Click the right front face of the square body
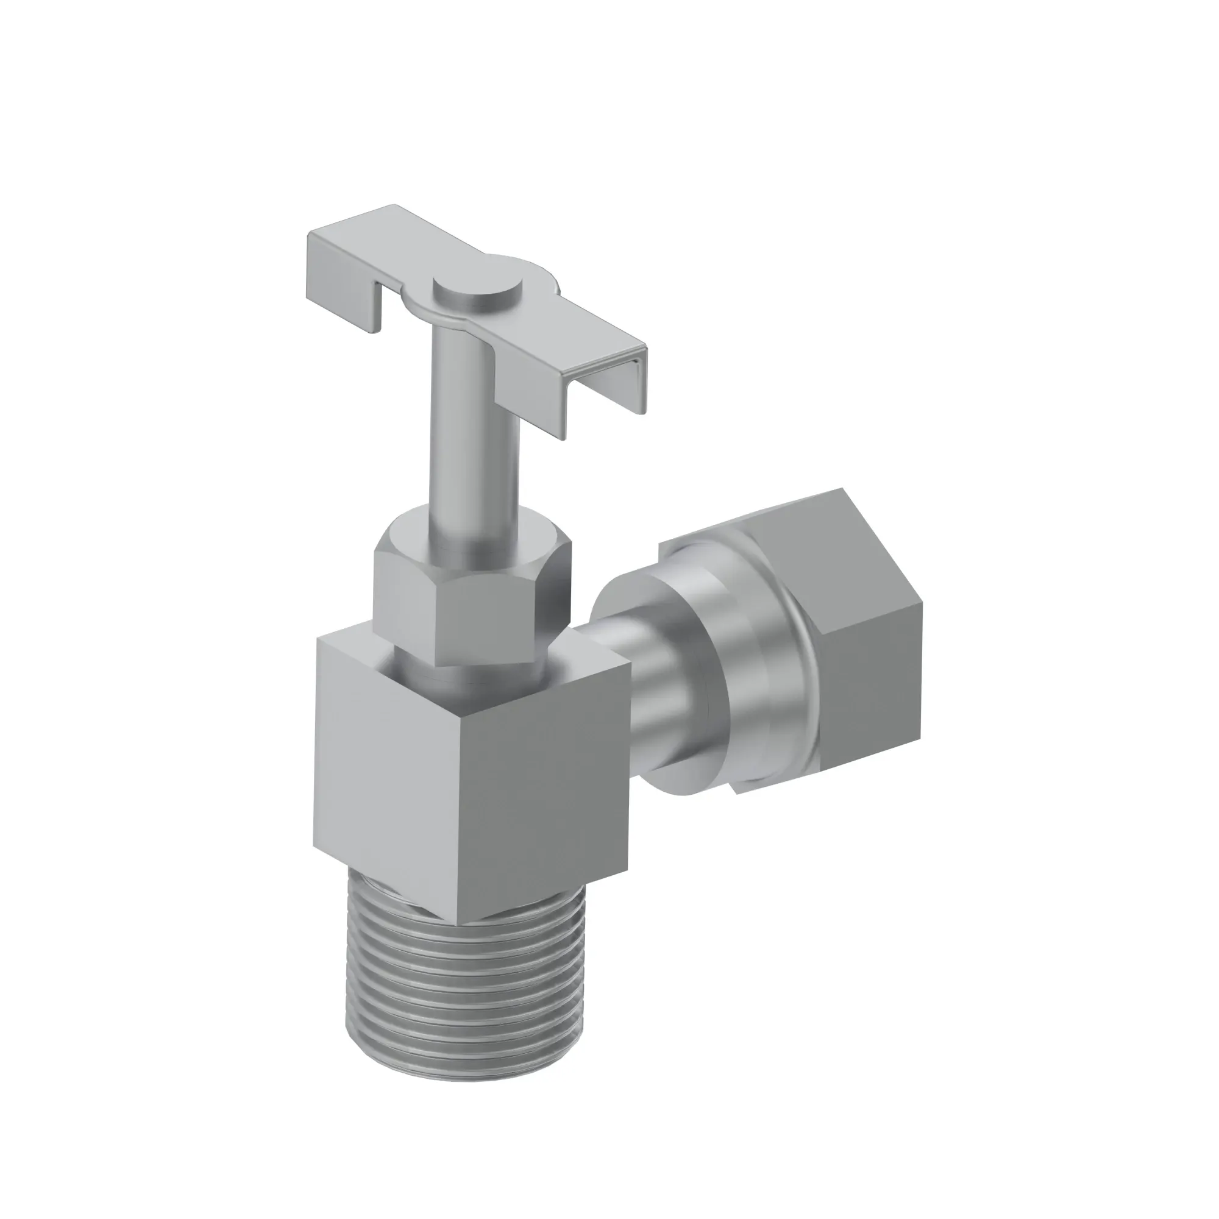tap(549, 783)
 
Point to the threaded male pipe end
tap(467, 984)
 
